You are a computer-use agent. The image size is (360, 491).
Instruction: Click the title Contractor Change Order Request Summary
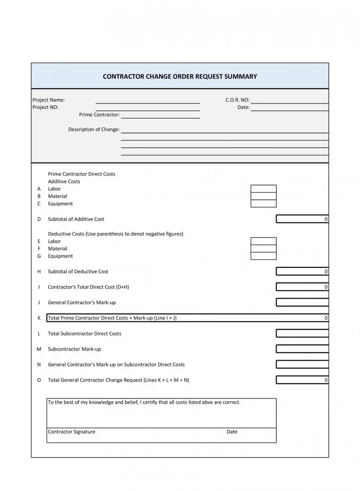(180, 77)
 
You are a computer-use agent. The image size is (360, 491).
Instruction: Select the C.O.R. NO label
(237, 100)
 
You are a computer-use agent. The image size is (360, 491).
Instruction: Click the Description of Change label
(94, 129)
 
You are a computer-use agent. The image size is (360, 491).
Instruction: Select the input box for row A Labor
(263, 189)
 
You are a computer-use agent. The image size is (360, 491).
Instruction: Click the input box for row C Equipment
(263, 204)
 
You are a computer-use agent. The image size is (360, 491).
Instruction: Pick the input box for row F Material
(263, 248)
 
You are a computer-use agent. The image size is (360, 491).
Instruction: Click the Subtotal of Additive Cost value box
(302, 219)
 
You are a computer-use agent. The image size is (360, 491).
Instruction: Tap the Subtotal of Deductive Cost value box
(302, 272)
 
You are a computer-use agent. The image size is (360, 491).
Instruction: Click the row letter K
(39, 318)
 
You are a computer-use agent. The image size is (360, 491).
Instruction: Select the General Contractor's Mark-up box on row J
(302, 302)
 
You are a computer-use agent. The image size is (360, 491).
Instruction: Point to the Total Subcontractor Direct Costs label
(85, 334)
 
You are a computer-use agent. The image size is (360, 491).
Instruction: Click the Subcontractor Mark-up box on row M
(302, 349)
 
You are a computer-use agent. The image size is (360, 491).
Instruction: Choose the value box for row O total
(302, 380)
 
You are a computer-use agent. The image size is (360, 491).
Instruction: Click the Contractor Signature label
(72, 432)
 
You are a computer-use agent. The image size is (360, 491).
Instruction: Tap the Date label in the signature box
(232, 432)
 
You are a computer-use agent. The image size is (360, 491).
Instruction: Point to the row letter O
(39, 380)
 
